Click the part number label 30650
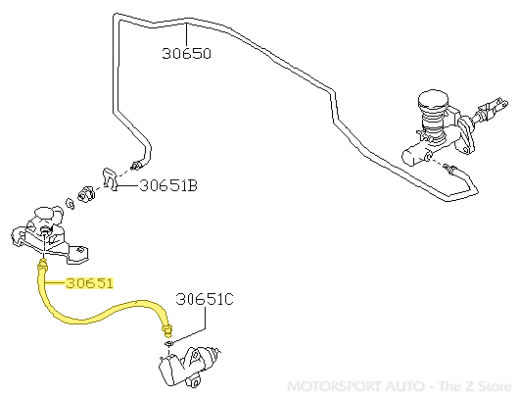point(186,53)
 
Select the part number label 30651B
point(168,185)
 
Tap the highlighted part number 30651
point(89,283)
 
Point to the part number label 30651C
point(205,299)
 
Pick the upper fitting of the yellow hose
point(43,265)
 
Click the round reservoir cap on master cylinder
point(433,99)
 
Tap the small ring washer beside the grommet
point(71,204)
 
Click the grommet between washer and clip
point(86,194)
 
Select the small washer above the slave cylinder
point(168,343)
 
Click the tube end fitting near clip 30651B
point(136,165)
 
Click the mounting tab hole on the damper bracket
point(79,250)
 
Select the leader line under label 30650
point(186,34)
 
